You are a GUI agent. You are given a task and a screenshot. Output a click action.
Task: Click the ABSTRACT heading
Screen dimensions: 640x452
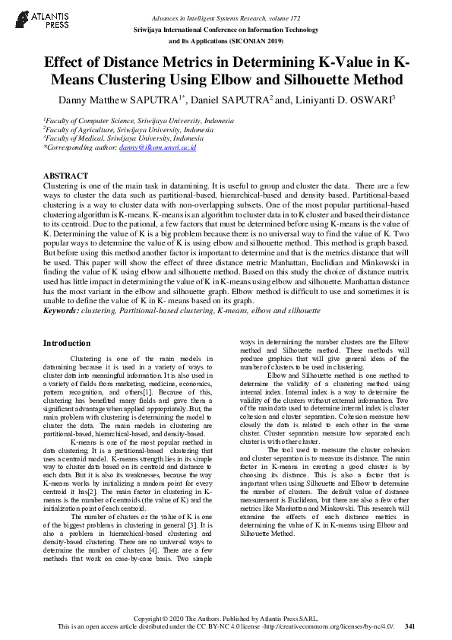65,176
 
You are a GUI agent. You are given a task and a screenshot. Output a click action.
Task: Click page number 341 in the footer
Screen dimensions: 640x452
409,627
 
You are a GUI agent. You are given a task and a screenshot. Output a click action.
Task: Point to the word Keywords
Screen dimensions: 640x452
60,311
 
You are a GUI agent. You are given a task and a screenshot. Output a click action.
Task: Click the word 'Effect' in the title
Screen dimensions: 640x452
67,62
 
